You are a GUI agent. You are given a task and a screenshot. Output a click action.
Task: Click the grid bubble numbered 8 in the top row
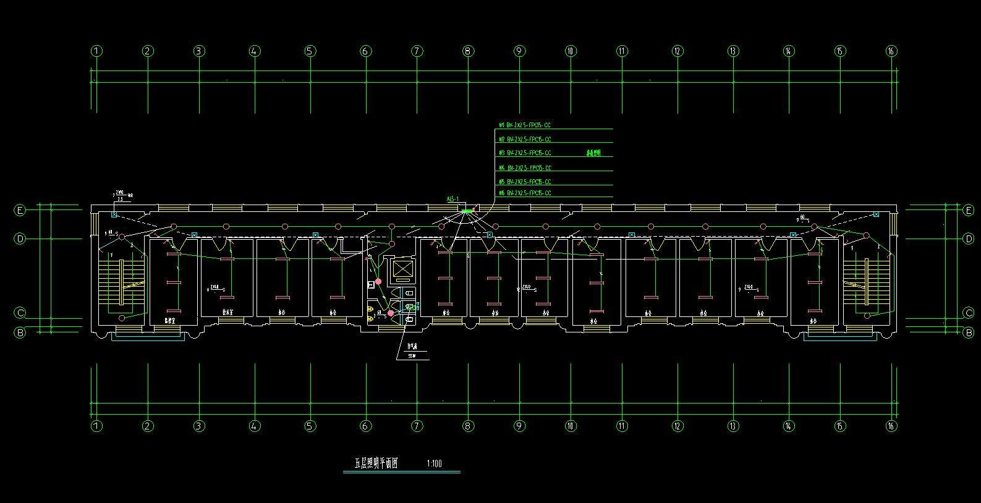[x=468, y=51]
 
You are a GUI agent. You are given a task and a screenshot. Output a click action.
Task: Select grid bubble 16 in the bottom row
[x=891, y=426]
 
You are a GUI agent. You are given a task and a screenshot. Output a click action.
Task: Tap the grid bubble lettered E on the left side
[x=20, y=211]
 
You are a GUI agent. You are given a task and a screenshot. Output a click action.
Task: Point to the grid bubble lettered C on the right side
[x=968, y=313]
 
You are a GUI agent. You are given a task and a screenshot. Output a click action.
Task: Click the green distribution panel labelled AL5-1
[x=467, y=211]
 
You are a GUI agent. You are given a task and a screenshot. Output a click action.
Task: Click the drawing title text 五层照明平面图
[x=376, y=463]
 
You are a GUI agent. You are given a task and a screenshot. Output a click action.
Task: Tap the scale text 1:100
[x=435, y=463]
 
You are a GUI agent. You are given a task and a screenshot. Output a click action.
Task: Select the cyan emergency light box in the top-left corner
[x=114, y=214]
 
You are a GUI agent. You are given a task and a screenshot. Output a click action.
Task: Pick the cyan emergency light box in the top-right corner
[x=876, y=214]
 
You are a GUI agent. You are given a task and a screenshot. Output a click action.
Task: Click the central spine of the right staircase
[x=867, y=282]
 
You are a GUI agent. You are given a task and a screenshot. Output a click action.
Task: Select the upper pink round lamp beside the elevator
[x=378, y=282]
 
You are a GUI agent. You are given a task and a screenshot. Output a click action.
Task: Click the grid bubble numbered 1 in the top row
[x=96, y=51]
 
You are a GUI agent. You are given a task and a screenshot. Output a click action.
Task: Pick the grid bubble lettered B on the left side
[x=20, y=332]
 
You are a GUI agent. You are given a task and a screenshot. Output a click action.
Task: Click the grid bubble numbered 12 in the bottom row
[x=677, y=426]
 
